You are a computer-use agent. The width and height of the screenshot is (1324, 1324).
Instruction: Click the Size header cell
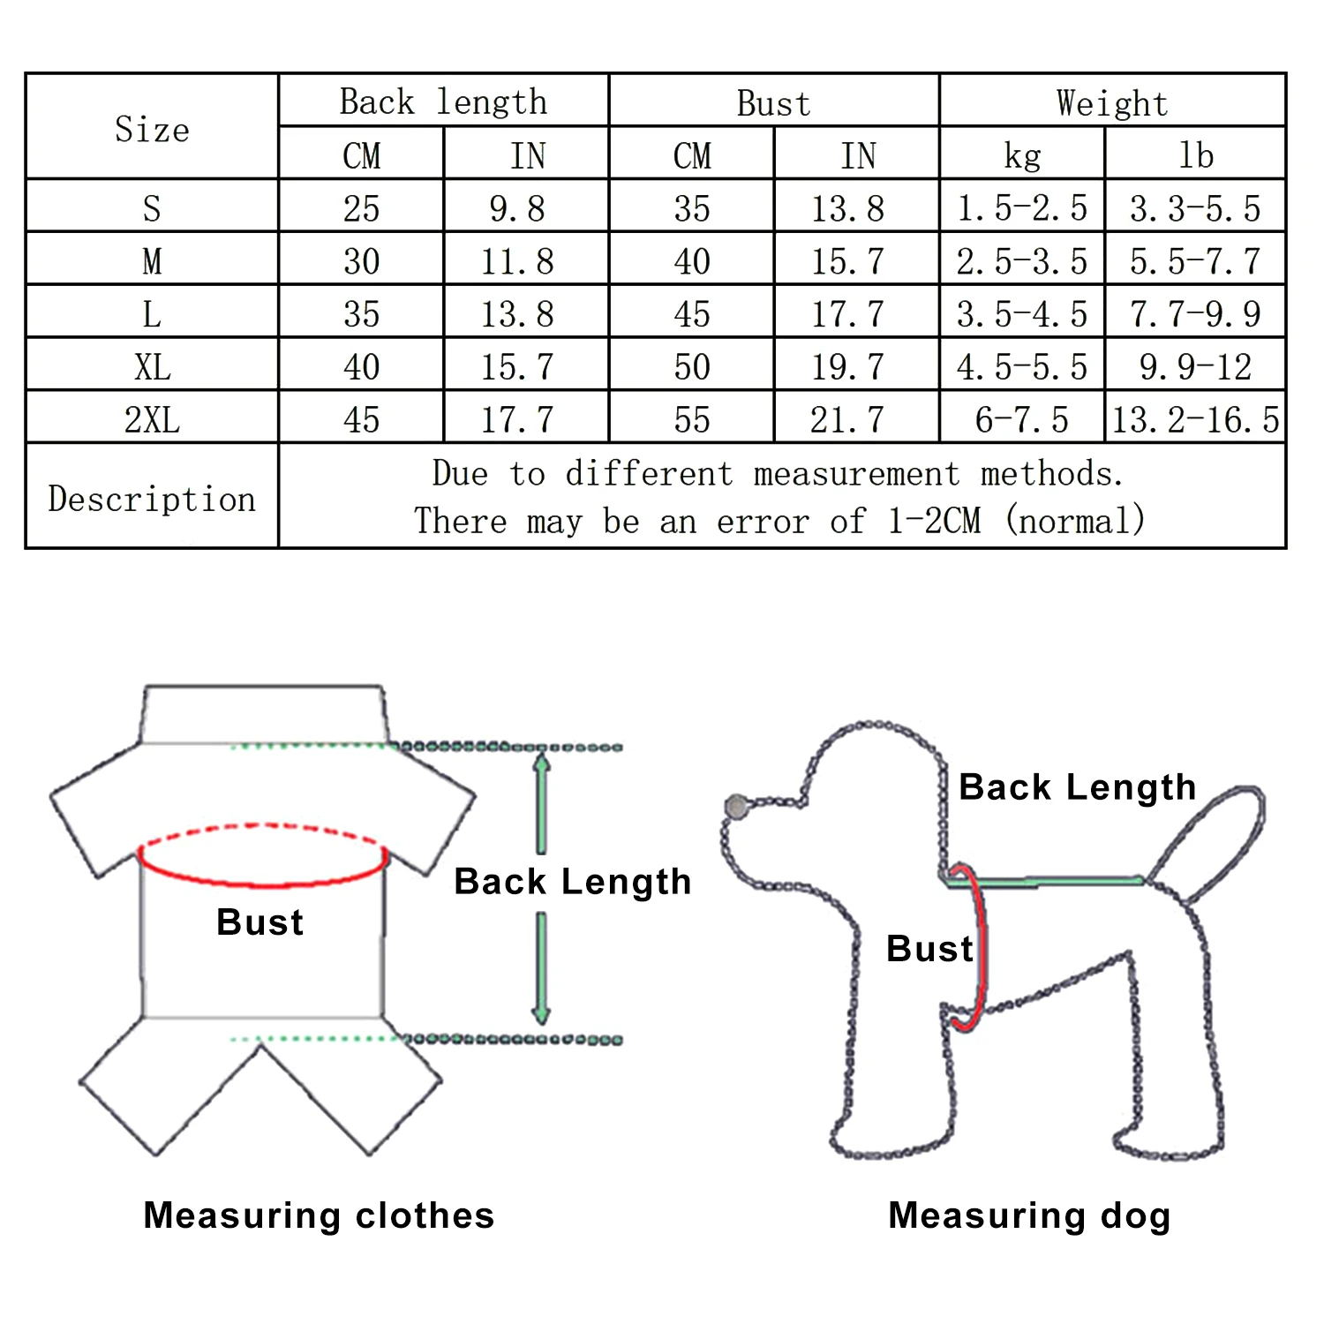152,129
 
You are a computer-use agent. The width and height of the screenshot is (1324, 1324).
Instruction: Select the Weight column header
1112,103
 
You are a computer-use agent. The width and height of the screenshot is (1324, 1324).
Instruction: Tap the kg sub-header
1022,156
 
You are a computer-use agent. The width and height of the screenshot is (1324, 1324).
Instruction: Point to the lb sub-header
1196,156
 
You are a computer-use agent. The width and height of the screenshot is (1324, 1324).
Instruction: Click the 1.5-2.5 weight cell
1022,208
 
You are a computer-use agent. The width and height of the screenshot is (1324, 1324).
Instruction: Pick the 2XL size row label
152,419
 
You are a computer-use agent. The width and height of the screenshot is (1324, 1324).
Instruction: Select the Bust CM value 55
692,419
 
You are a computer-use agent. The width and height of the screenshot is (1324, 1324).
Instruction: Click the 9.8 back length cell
517,208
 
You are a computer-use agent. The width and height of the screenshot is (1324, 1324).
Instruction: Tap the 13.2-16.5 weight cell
1195,419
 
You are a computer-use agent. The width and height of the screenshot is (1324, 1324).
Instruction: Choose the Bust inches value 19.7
847,366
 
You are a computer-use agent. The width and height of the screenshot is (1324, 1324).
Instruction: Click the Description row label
152,499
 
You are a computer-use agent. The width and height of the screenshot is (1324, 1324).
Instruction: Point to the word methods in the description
1051,474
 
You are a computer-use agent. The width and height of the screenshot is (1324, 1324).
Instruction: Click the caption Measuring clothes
319,1215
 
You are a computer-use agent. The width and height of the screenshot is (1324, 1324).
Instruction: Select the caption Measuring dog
1029,1215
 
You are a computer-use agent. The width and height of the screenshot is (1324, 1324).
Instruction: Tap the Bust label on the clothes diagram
260,922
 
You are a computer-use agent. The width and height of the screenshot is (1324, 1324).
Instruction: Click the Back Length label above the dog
1077,786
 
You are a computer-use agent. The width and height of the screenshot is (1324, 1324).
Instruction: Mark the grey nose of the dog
735,805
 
